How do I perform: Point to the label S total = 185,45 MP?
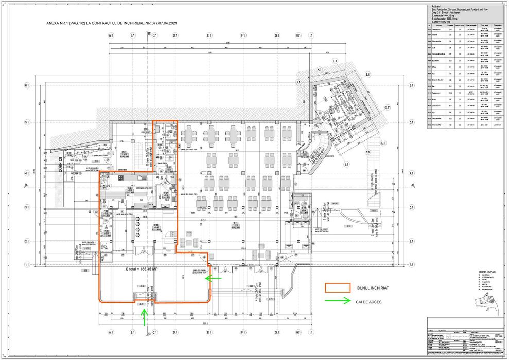click(x=144, y=268)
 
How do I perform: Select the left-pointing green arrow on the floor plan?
click(x=213, y=278)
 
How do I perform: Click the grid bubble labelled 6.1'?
click(x=368, y=75)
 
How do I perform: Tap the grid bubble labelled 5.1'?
click(x=390, y=107)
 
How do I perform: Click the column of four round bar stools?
click(x=138, y=226)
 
